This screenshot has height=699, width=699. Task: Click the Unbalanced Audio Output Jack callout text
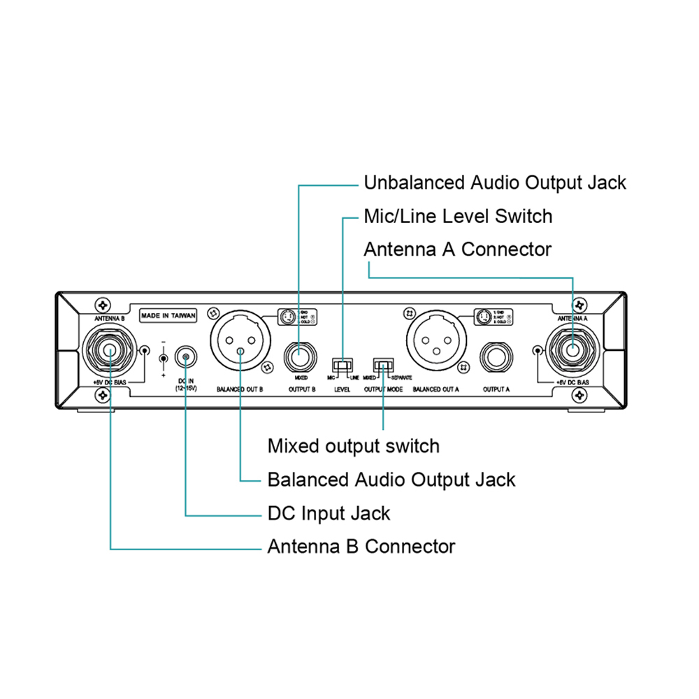point(495,183)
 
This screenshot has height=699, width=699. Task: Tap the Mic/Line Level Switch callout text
point(458,217)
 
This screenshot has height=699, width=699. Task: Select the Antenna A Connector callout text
point(458,250)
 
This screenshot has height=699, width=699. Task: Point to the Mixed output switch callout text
point(354,446)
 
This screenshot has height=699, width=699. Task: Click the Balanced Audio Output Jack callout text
point(391,480)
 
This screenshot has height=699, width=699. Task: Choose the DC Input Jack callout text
point(329,513)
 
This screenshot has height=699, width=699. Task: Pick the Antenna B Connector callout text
point(361,546)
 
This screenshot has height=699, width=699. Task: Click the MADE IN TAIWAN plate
point(168,315)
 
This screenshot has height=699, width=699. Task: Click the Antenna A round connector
point(573,350)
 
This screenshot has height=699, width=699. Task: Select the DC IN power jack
point(185,357)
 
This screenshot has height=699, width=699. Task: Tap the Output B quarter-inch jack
point(301,357)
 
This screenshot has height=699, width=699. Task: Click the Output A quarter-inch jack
point(496,357)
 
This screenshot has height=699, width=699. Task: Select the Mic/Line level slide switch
point(342,365)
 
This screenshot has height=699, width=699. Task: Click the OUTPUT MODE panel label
point(383,389)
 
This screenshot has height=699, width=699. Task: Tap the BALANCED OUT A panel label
point(436,389)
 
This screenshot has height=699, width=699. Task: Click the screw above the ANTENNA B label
point(103,305)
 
